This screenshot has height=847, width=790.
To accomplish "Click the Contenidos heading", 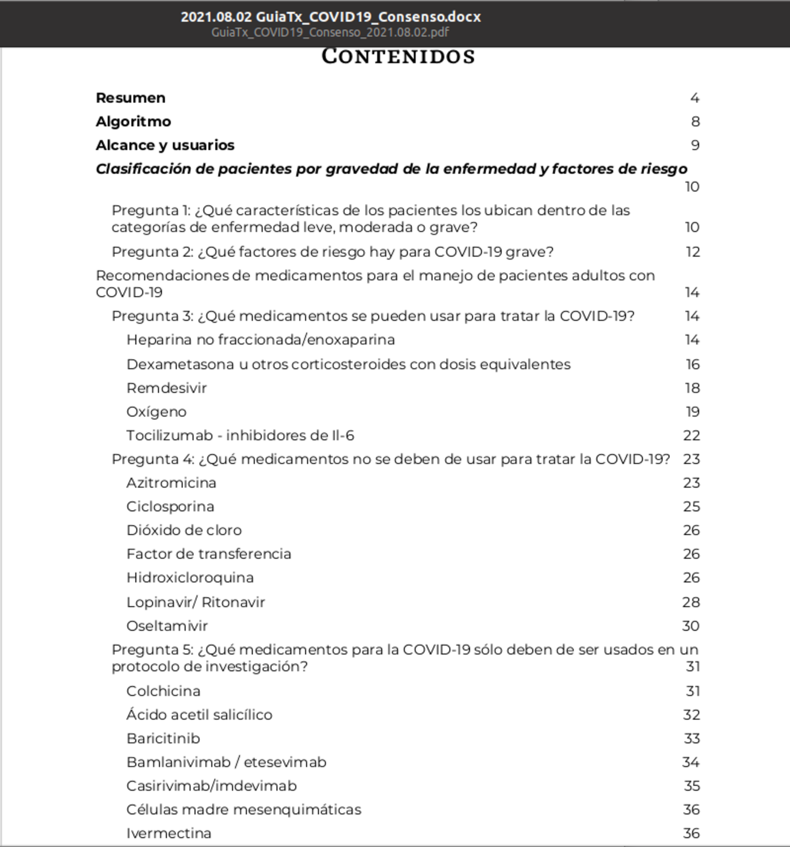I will [x=398, y=56].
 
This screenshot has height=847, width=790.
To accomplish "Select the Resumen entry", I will [x=130, y=98].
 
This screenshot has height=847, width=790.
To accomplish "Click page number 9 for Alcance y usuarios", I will [x=695, y=145].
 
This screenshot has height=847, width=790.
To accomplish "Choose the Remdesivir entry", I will [x=166, y=388].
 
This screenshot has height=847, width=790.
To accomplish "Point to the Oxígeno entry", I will [x=157, y=412].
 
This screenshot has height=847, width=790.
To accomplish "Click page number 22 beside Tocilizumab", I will [x=691, y=435].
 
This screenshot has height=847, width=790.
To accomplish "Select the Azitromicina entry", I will [x=171, y=483].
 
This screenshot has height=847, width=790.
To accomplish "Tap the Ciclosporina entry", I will [x=170, y=506].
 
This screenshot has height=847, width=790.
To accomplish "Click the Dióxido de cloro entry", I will [x=184, y=530].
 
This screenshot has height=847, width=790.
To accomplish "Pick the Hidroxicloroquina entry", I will [x=190, y=578].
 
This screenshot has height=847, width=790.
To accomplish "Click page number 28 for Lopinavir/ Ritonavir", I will [x=691, y=602].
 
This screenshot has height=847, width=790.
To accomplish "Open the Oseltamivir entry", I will [x=167, y=626].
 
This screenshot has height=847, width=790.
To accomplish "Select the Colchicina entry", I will [x=163, y=691].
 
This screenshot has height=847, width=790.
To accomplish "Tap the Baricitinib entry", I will [x=163, y=738].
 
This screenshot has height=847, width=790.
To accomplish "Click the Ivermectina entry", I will [x=168, y=833].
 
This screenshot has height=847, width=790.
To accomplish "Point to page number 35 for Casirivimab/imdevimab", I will [x=692, y=786].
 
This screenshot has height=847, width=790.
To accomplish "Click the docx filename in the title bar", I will [x=330, y=17].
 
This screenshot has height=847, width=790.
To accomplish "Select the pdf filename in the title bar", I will [x=330, y=32].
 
